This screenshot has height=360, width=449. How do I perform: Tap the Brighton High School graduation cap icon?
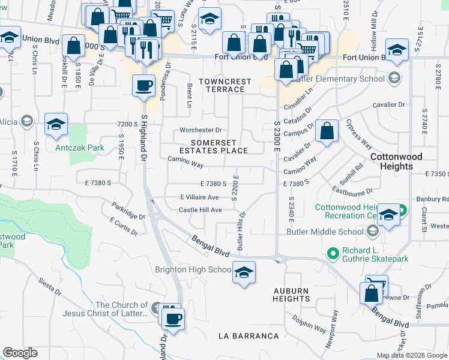pyautogui.click(x=243, y=272)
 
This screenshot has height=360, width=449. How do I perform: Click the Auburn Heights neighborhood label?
pyautogui.click(x=291, y=295)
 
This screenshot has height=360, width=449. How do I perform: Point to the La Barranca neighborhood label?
pyautogui.click(x=249, y=335)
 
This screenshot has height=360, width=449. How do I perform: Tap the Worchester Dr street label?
pyautogui.click(x=201, y=130)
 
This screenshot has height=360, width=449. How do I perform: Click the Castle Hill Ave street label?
pyautogui.click(x=200, y=210)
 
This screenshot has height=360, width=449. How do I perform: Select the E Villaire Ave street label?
pyautogui.click(x=199, y=197)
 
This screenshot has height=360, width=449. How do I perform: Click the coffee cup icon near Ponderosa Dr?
pyautogui.click(x=143, y=86)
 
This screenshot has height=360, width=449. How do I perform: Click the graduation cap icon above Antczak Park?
pyautogui.click(x=56, y=124)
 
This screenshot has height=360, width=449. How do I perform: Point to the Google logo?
pyautogui.click(x=20, y=353)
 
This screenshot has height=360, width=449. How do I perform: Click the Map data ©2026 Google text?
pyautogui.click(x=412, y=355)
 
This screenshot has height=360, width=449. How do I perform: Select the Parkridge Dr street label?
pyautogui.click(x=128, y=211)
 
